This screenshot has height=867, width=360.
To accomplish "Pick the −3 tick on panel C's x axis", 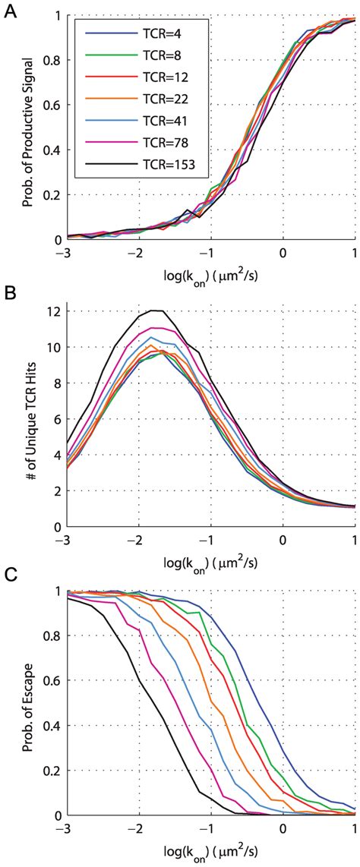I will (x=64, y=827).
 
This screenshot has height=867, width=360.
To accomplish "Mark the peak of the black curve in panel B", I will (x=156, y=310).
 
